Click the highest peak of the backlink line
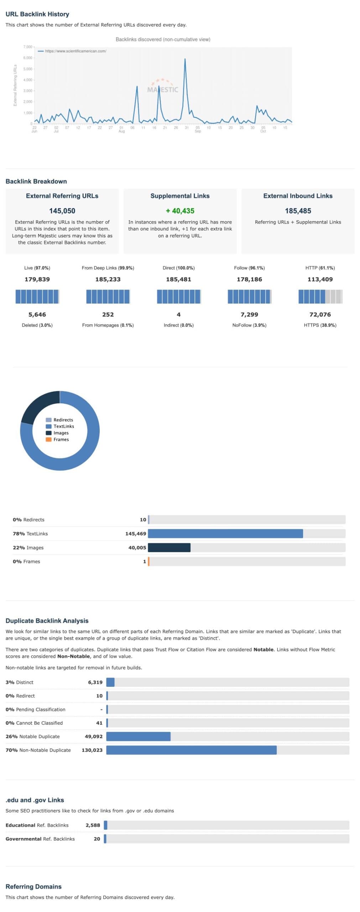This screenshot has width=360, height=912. pos(185,59)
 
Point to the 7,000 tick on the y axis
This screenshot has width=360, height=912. pos(28,47)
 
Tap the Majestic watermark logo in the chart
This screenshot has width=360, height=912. pos(163,87)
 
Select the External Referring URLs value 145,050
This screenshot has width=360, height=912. pos(62,211)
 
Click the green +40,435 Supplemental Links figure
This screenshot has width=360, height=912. pos(180,211)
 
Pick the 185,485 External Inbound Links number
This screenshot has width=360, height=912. pos(298,211)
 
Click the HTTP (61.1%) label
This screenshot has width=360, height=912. pos(320,268)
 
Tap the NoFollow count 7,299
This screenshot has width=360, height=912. pos(249,314)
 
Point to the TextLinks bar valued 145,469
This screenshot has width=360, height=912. pos(225,533)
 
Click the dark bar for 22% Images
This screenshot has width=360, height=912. pos(169,547)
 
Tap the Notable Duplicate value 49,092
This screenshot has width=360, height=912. pos(93,736)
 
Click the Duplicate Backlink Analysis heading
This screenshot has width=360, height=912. pos(47,621)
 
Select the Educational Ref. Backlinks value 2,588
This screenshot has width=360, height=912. pos(93,825)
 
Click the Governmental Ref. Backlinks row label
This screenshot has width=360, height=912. pos(40,839)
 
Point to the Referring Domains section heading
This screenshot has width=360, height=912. pos(33,887)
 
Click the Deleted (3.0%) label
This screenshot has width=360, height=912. pos(37,325)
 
